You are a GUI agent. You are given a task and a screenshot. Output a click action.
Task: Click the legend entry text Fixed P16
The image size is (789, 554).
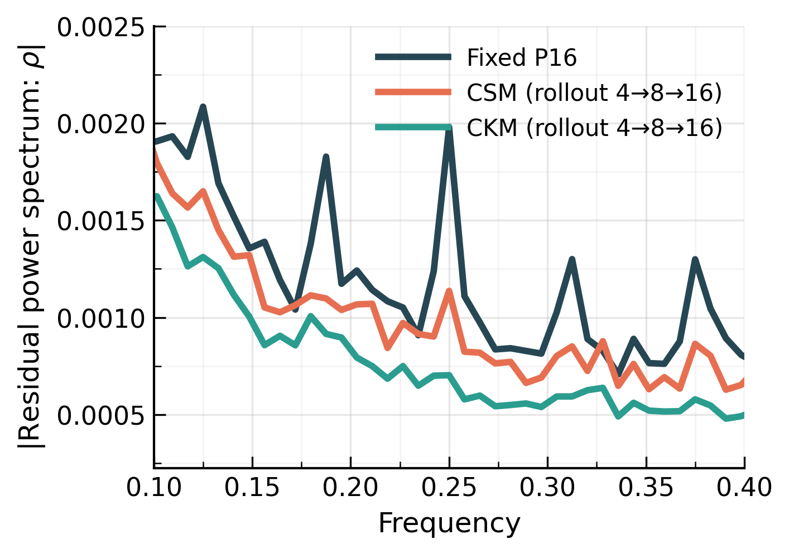[521, 58]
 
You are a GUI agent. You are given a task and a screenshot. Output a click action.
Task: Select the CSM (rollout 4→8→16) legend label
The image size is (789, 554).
[594, 93]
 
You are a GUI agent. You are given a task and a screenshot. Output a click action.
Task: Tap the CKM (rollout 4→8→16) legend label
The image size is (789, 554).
[594, 128]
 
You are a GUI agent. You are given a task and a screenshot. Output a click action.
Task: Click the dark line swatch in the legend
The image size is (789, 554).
[413, 57]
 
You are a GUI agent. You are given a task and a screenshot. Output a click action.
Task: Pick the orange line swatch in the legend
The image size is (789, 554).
[413, 92]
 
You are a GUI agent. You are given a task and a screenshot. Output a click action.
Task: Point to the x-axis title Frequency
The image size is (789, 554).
[449, 524]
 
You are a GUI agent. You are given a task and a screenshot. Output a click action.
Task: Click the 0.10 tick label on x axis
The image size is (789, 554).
[154, 488]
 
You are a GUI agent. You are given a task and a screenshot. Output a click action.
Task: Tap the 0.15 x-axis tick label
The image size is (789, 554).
[252, 488]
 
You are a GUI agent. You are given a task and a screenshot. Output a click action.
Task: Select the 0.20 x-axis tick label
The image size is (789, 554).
[350, 488]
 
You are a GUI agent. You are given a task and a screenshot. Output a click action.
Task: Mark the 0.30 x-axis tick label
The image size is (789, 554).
[547, 488]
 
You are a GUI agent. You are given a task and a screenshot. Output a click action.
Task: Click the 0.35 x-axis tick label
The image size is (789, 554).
[646, 488]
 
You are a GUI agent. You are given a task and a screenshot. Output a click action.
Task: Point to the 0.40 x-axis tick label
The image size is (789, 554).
[744, 488]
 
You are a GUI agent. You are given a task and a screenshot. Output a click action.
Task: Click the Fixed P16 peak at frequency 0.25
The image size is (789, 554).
[449, 129]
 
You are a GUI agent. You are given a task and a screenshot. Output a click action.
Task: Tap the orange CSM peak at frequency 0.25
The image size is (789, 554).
[449, 291]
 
